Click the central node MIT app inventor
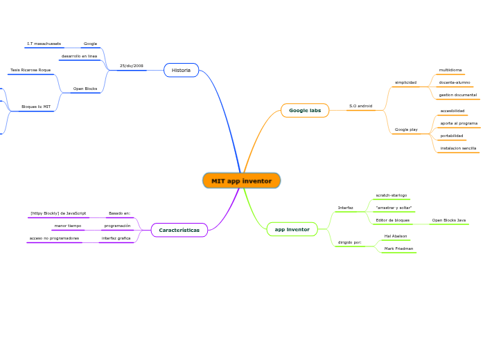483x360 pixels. [241, 181]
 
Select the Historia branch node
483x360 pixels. [181, 70]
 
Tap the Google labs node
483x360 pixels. [305, 110]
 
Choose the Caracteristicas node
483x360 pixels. [179, 230]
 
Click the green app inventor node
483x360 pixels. [292, 229]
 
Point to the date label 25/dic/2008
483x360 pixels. [132, 66]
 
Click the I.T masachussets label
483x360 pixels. [44, 44]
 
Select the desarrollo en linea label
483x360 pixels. [79, 56]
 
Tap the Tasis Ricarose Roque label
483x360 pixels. [30, 70]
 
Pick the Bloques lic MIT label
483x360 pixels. [36, 107]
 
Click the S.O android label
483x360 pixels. [360, 106]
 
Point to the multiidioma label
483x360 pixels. [450, 70]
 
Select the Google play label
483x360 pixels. [406, 129]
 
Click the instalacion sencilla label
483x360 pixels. [458, 148]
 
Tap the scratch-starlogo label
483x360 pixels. [391, 195]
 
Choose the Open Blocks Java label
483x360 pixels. [448, 220]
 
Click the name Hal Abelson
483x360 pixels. [396, 236]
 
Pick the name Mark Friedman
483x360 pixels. [398, 248]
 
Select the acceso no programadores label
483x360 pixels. [54, 238]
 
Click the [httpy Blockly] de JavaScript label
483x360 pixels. [58, 213]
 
